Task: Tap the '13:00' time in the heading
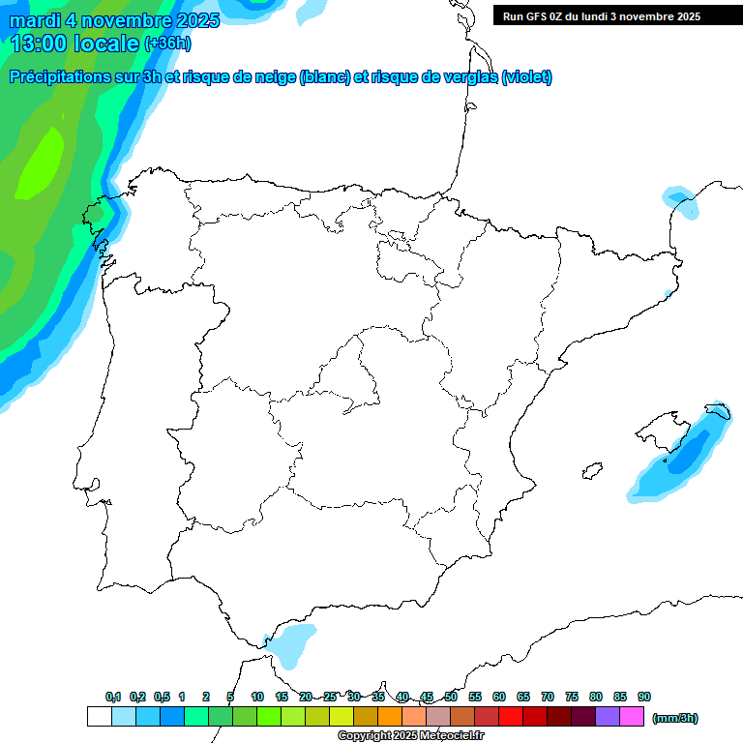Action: [x=41, y=43]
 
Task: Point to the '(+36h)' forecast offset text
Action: [x=167, y=44]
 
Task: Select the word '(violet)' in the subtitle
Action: [x=527, y=77]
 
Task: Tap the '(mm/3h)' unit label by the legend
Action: [x=674, y=718]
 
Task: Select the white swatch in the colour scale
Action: [x=99, y=717]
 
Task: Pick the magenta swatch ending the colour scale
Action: [x=632, y=717]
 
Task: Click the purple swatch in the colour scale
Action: [x=608, y=717]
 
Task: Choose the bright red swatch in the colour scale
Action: [x=511, y=717]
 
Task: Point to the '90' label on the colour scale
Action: [x=644, y=697]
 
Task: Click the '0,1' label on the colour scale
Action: [x=113, y=697]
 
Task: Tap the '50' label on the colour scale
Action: [x=451, y=697]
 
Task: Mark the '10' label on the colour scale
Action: [x=257, y=697]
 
